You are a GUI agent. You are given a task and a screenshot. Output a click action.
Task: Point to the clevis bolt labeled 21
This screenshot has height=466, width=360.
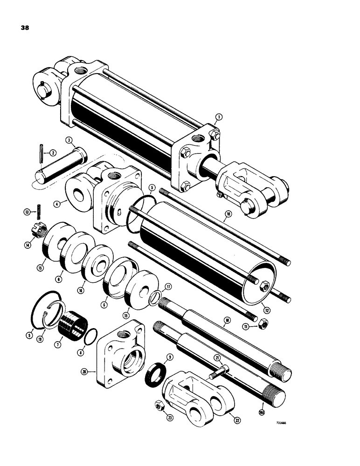(x=221, y=370)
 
